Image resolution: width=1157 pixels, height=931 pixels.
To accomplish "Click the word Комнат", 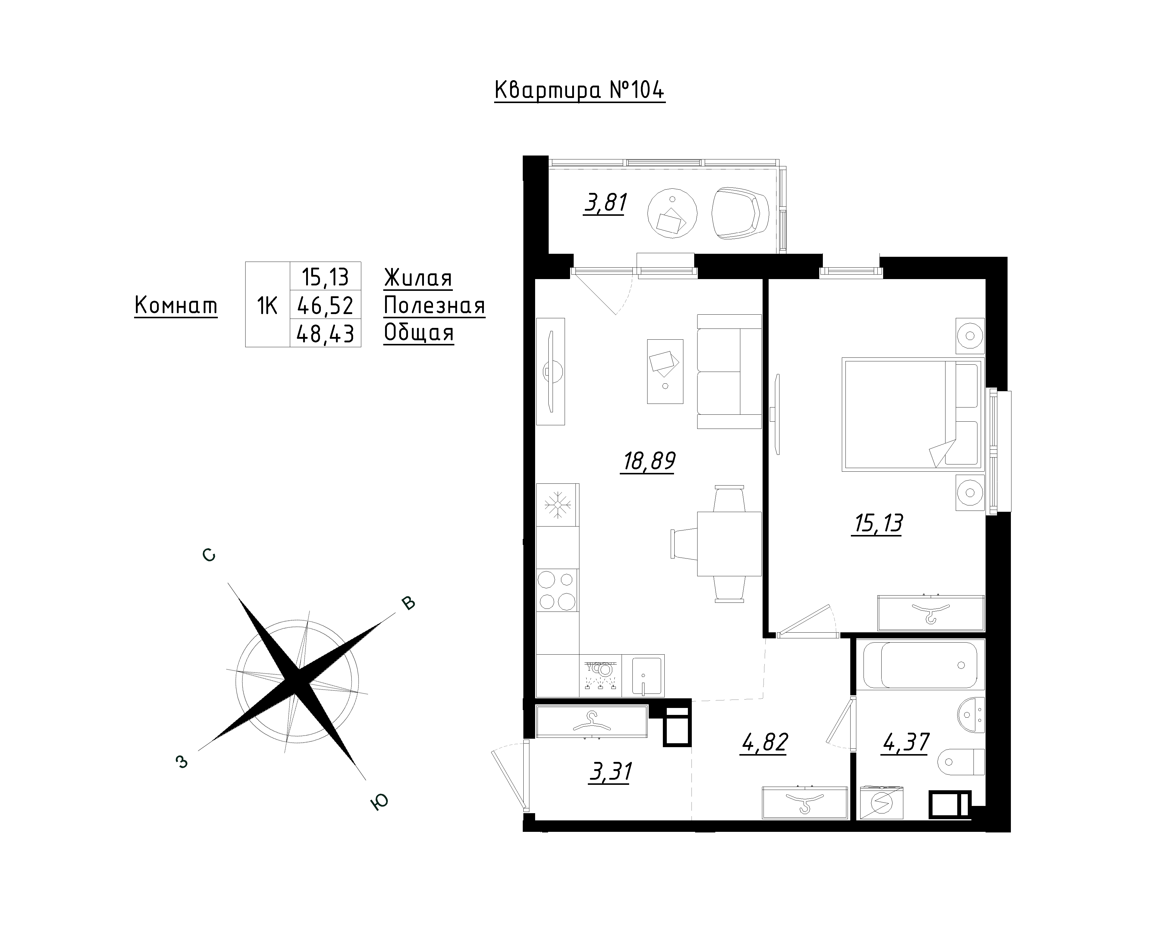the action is click(176, 306).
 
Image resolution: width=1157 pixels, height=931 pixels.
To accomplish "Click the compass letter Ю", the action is click(379, 802).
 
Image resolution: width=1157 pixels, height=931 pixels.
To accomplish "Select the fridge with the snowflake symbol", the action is click(558, 505).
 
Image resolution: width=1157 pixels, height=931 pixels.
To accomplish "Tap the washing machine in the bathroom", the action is click(881, 803).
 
